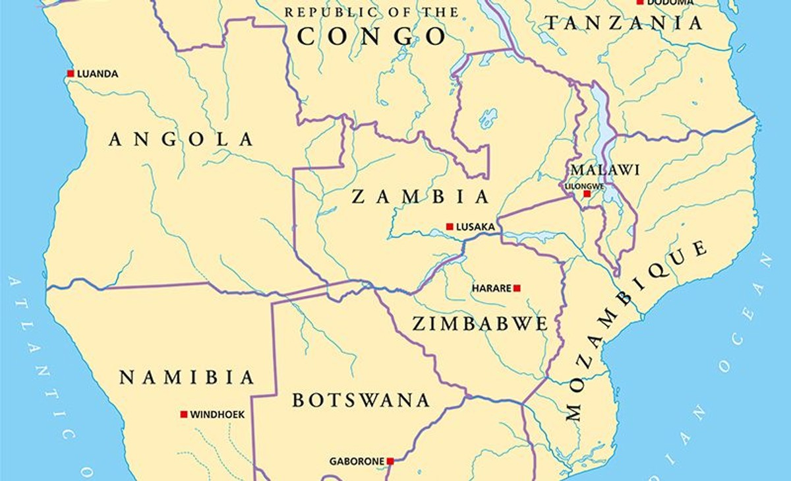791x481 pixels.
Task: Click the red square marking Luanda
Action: pos(71,73)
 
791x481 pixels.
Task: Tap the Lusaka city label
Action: pos(475,227)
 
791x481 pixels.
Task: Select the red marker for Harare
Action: pos(517,288)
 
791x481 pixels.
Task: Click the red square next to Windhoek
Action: pos(184,414)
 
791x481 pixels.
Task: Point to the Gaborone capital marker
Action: pos(390,461)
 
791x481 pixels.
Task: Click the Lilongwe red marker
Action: pos(587,193)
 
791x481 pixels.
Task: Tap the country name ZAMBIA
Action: pos(421,197)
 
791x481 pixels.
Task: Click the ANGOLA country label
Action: pos(181,139)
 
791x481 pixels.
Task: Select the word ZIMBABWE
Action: pos(480,323)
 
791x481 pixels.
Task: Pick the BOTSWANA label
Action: pos(361,400)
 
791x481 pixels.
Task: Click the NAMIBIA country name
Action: pos(187,377)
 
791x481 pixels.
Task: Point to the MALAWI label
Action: pos(605,170)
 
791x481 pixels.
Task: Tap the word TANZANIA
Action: pos(623,23)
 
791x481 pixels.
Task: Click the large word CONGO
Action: pos(372,36)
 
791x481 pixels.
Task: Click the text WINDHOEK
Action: pos(217,415)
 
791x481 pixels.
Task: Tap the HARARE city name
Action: pos(491,288)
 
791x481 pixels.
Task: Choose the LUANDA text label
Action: pos(98,74)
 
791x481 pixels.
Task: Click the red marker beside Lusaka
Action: pos(450,226)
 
